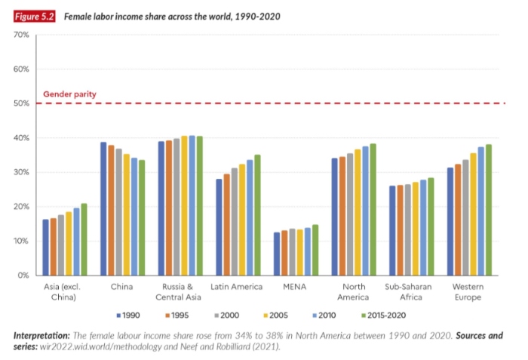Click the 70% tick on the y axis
point(21,35)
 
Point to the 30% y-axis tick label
point(21,172)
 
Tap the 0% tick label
point(23,275)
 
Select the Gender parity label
point(69,94)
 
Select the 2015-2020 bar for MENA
point(315,250)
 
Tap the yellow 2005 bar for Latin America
point(242,220)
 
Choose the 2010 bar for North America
point(365,211)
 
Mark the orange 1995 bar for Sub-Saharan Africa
point(400,230)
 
